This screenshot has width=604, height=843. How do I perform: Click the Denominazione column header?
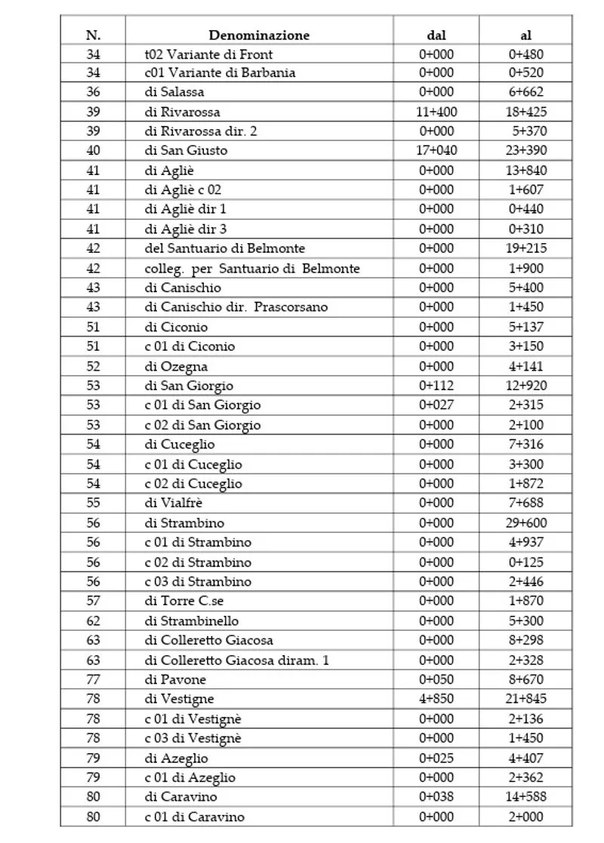point(259,35)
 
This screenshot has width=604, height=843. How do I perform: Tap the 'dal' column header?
point(436,35)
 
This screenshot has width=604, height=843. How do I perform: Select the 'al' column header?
point(525,35)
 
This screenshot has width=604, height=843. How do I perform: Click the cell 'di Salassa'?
point(174,93)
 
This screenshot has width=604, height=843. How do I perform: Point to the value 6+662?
point(525,93)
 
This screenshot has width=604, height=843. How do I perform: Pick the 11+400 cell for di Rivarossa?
point(436,112)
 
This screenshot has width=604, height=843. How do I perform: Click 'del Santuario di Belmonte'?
point(224,248)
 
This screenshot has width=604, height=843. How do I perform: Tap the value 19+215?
point(525,248)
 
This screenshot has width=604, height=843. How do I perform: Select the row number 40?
point(94,151)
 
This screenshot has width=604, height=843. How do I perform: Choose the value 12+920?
point(525,386)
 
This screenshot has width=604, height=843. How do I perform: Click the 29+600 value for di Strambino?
point(525,522)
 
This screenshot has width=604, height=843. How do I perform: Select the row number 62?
point(94,620)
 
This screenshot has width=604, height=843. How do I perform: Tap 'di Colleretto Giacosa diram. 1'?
point(236,660)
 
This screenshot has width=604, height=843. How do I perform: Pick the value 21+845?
point(525,699)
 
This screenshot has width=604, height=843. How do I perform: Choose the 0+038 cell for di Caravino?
point(436,796)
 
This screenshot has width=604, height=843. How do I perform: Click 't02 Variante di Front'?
point(208,54)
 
